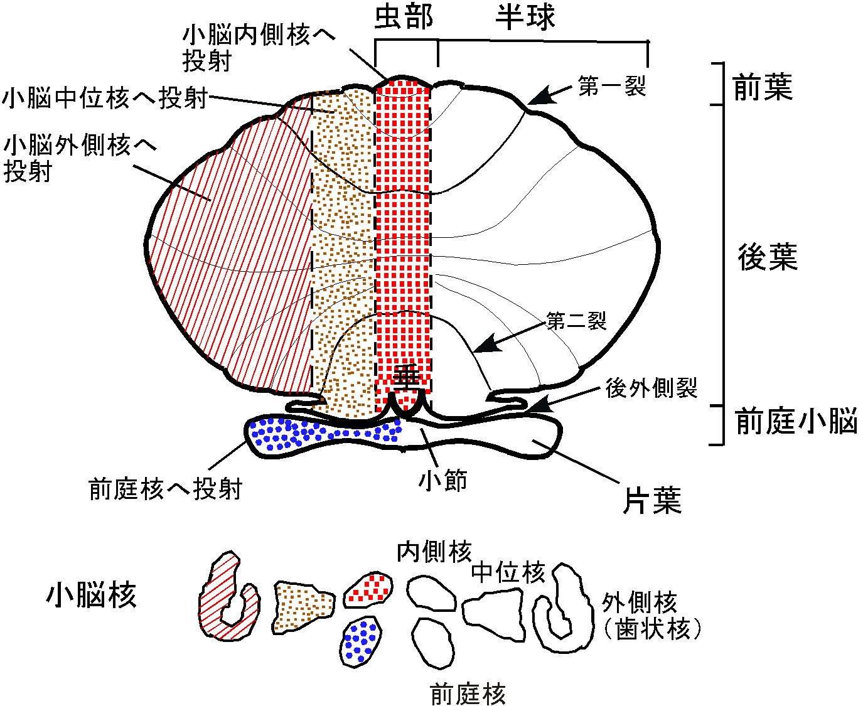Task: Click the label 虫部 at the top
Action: (x=404, y=17)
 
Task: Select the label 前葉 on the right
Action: (x=763, y=87)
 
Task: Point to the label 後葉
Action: (x=767, y=257)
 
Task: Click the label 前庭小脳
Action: (x=796, y=421)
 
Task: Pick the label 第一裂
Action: (x=612, y=86)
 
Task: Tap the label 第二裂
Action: (x=576, y=321)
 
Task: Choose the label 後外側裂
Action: (x=651, y=388)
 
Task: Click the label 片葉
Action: (x=652, y=501)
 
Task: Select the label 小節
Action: (x=443, y=481)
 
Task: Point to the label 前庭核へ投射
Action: (x=166, y=488)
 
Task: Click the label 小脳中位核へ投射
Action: (x=105, y=98)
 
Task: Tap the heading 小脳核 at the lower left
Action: (x=92, y=594)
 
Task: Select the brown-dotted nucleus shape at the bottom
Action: (x=301, y=605)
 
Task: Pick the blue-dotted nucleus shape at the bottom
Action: (x=362, y=640)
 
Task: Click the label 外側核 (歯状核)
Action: (x=650, y=616)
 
